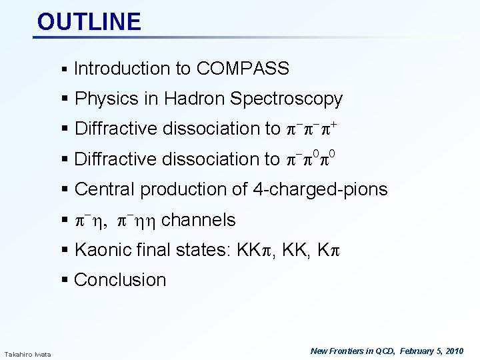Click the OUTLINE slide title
click(x=89, y=21)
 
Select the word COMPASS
click(x=243, y=69)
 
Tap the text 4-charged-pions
click(x=320, y=189)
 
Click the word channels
click(x=199, y=220)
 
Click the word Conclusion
click(x=120, y=280)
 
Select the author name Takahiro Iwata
click(x=23, y=353)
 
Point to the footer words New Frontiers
click(x=339, y=351)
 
